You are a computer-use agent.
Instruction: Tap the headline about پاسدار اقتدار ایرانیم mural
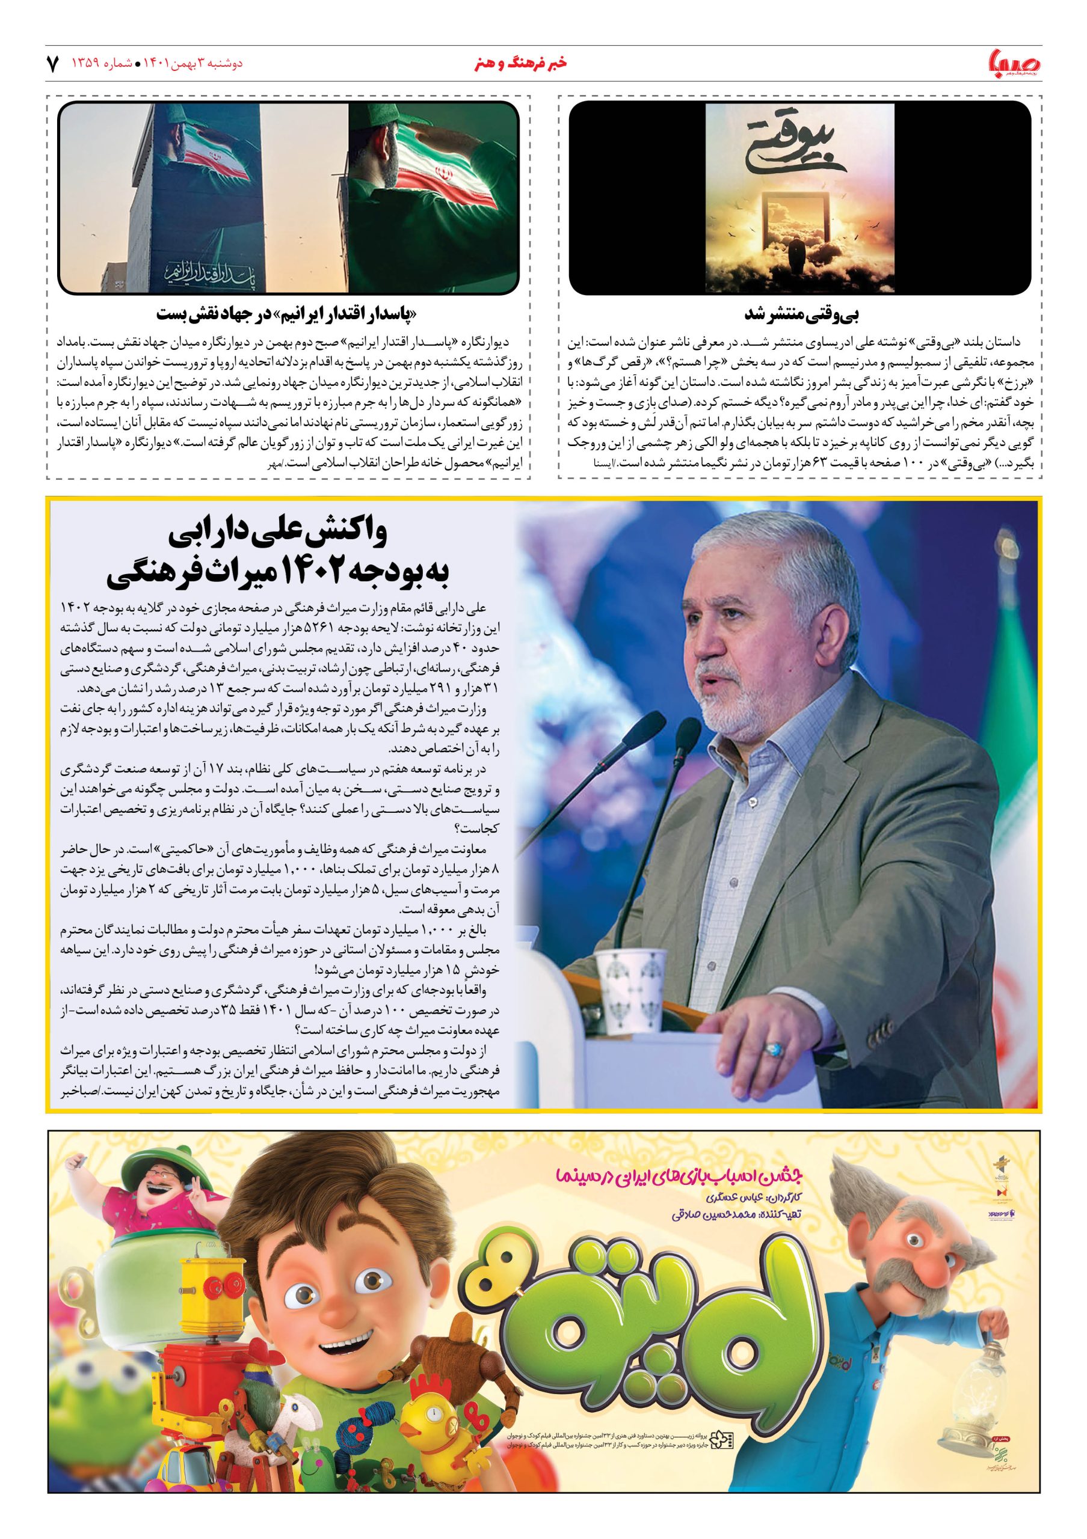[x=289, y=313]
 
